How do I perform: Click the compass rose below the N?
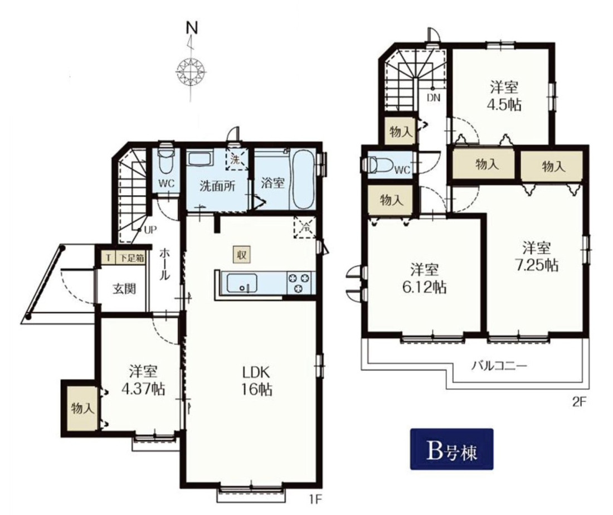191,72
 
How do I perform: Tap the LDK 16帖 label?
256,381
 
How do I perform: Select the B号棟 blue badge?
451,449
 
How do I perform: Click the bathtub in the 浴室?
303,180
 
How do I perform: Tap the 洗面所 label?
217,186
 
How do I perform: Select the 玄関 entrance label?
124,289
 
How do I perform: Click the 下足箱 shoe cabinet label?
132,258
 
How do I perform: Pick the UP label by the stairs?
150,230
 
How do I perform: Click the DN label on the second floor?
433,98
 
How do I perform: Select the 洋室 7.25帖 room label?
537,256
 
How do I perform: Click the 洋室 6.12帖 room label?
424,279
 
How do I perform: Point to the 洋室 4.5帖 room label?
505,96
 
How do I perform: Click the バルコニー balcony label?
499,366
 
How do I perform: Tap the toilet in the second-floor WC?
378,165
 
